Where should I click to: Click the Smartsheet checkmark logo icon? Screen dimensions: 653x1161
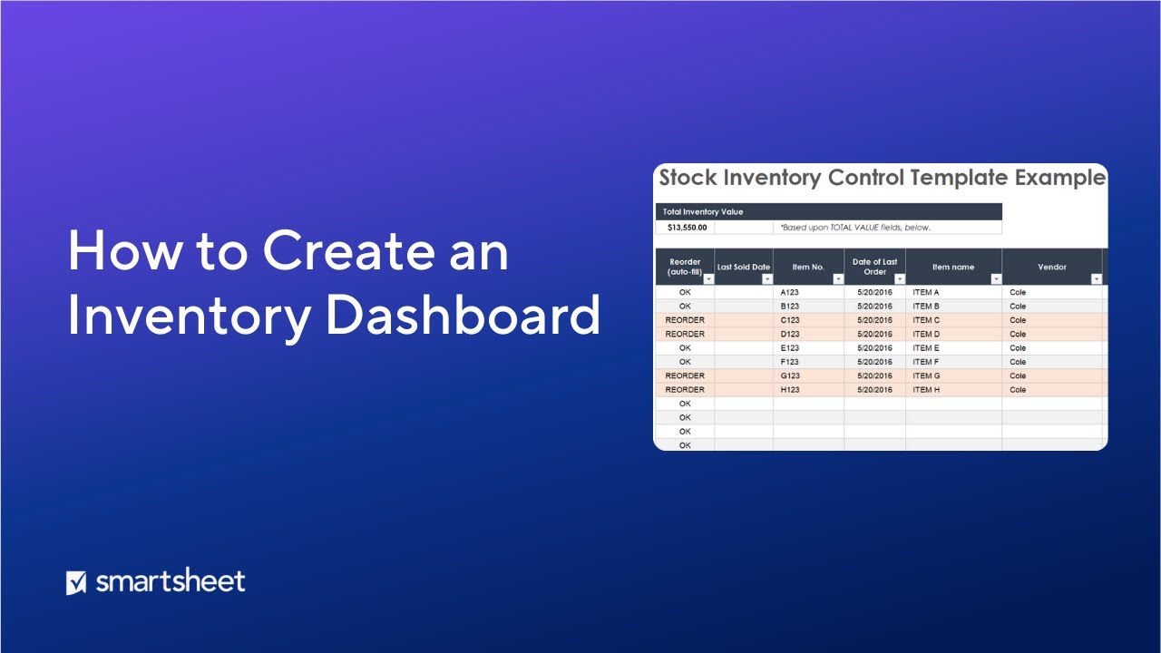tap(76, 582)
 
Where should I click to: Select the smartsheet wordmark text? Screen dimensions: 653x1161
tap(171, 581)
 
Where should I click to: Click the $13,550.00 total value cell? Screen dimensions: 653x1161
tap(687, 228)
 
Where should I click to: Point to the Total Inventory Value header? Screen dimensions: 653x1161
tap(703, 211)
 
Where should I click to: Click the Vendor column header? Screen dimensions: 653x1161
tap(1051, 268)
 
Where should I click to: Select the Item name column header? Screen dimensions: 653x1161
tap(952, 268)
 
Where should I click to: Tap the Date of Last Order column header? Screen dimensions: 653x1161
tap(874, 267)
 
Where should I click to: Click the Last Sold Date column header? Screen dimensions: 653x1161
tap(743, 268)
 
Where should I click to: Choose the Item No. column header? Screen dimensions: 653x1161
tap(807, 268)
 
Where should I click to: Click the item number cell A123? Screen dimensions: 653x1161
tap(790, 293)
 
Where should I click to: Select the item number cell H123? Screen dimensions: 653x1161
tap(790, 390)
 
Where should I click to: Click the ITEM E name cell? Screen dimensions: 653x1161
tap(926, 348)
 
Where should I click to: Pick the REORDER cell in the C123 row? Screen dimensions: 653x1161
tap(685, 320)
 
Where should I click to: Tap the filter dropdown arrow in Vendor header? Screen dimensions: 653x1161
tap(1096, 279)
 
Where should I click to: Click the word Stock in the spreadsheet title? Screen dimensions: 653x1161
tap(694, 178)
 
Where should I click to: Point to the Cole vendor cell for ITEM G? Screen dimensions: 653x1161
tap(1018, 375)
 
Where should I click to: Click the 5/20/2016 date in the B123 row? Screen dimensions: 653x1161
tap(874, 307)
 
